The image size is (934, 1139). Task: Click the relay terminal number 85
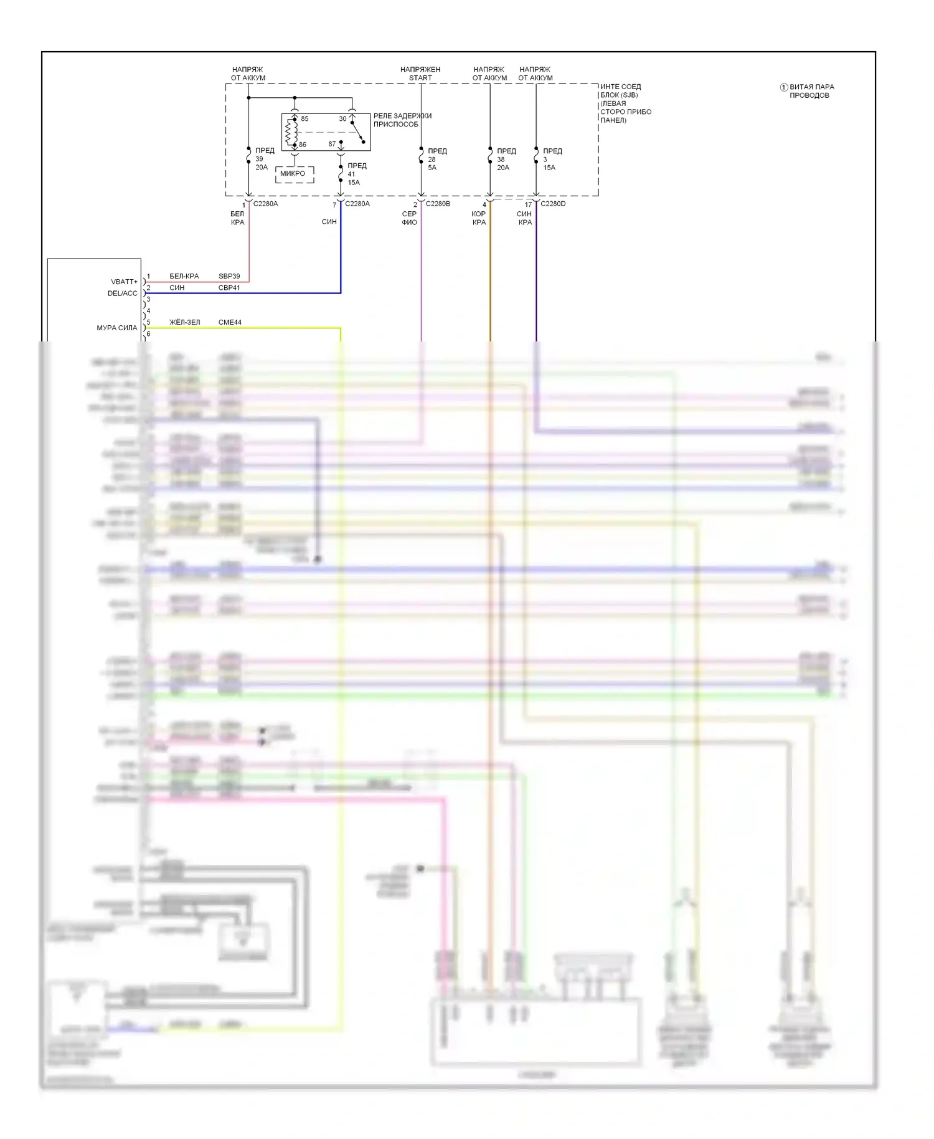pos(304,118)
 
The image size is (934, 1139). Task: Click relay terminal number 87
pos(332,144)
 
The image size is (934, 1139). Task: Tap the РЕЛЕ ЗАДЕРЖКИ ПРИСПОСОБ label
pos(402,120)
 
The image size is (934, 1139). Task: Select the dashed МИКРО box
pos(294,174)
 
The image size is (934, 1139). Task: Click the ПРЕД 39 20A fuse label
pos(264,159)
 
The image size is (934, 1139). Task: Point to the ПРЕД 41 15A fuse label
pos(356,174)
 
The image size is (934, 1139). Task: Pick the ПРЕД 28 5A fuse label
pos(436,159)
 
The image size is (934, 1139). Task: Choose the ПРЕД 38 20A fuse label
pos(506,159)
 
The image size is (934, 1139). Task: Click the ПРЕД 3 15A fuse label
pos(552,159)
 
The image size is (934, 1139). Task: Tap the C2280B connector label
pos(438,204)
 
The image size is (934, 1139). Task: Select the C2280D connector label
pos(553,204)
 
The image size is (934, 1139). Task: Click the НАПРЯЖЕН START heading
pos(420,74)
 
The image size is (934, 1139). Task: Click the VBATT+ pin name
pos(124,282)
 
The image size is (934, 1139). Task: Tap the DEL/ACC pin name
pos(122,293)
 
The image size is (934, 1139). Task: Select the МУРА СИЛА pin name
pos(116,328)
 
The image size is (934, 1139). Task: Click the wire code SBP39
pos(229,276)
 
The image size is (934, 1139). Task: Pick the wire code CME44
pos(230,322)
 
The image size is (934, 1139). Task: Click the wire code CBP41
pos(229,288)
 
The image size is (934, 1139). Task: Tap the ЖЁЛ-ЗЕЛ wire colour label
pos(184,322)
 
